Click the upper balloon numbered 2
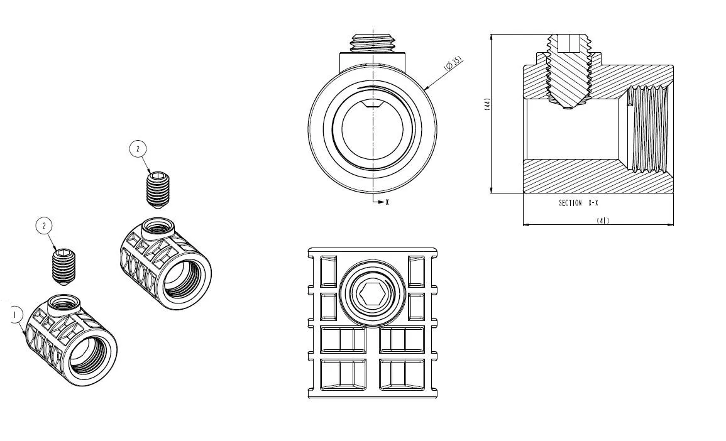click(138, 149)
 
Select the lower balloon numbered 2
click(44, 226)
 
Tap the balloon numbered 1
click(15, 315)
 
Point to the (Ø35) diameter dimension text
click(453, 63)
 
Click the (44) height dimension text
click(487, 104)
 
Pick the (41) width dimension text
click(602, 220)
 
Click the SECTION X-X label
click(578, 203)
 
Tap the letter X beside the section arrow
click(387, 202)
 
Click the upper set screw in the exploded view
click(158, 190)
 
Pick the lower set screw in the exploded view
click(64, 267)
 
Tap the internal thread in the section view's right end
click(647, 128)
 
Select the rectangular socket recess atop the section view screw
click(569, 43)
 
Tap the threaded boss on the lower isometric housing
click(64, 305)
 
